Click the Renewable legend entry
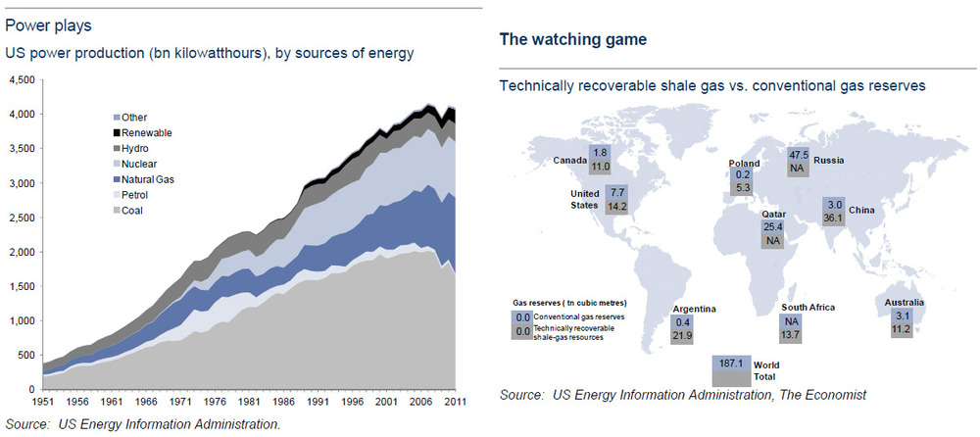coord(142,133)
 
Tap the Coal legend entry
coord(127,211)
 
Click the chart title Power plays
coord(48,26)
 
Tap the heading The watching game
coord(573,40)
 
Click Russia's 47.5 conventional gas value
coord(795,155)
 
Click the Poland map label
coord(745,164)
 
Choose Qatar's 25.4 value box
coord(772,226)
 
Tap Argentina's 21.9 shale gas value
coord(682,336)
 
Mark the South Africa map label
coord(808,308)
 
